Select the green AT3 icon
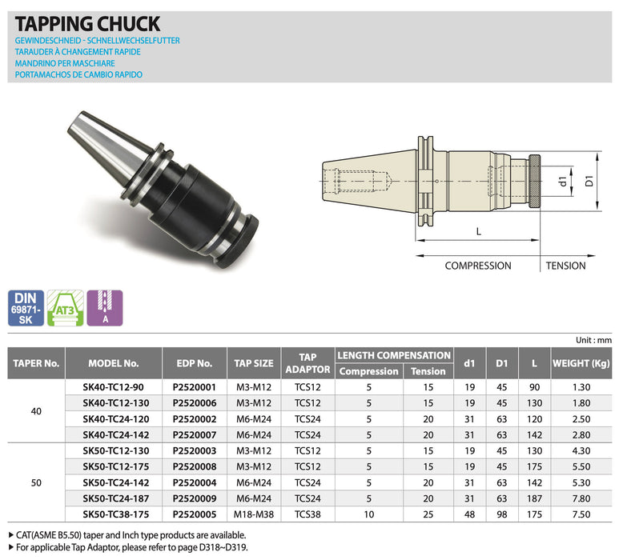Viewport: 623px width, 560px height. coord(66,307)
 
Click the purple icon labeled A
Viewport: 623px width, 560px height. coord(105,307)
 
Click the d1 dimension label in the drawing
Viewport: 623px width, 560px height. coord(564,182)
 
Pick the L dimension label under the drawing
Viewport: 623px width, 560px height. coord(478,231)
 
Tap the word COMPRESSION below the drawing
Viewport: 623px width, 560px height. coord(477,266)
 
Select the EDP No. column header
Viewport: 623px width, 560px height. coord(195,362)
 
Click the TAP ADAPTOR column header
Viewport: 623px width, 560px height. coord(307,362)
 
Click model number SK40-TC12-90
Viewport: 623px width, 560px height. coord(113,386)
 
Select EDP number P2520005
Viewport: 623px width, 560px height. coord(195,514)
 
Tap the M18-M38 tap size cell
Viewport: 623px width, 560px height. coord(252,514)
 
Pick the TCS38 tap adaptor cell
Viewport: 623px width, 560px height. coord(307,514)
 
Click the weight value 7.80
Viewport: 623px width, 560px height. coord(582,498)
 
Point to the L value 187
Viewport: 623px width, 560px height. coord(533,498)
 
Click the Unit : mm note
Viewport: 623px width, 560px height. coord(593,339)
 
